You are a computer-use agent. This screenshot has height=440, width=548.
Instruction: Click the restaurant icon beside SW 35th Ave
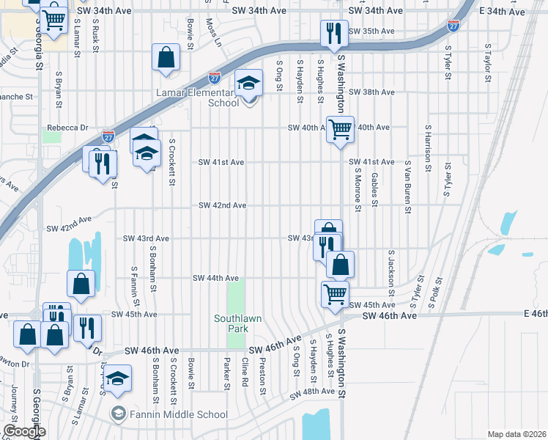333,34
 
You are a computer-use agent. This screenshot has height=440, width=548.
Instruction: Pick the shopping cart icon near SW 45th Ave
335,293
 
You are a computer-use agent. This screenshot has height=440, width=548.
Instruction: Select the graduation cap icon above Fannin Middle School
117,378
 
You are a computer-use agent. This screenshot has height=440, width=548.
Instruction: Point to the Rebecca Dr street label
67,127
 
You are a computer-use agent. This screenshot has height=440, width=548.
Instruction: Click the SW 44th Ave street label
216,279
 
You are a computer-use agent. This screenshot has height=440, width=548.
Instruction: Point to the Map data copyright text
516,434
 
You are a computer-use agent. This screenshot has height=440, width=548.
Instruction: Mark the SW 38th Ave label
371,92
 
